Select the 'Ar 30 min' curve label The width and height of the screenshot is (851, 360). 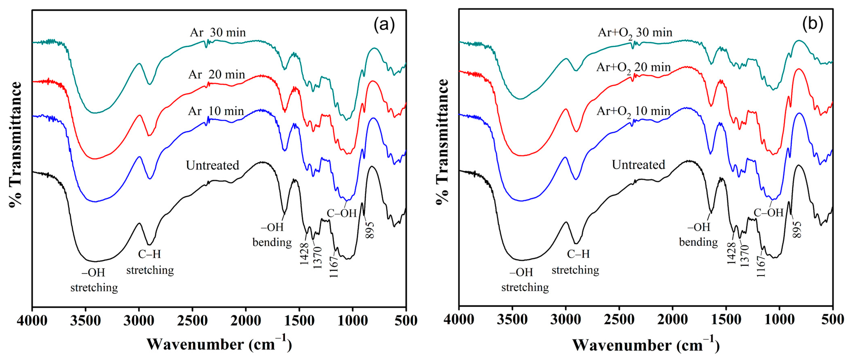[x=218, y=32]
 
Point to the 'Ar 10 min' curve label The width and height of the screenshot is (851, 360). [x=216, y=111]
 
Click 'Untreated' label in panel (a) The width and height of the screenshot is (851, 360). [x=212, y=165]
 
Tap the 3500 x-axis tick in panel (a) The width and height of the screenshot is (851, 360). [x=85, y=320]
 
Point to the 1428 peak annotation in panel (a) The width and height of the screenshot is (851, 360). [x=304, y=254]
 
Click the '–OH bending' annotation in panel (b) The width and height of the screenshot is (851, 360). [x=698, y=235]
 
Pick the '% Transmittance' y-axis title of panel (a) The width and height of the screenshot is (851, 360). [x=15, y=145]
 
